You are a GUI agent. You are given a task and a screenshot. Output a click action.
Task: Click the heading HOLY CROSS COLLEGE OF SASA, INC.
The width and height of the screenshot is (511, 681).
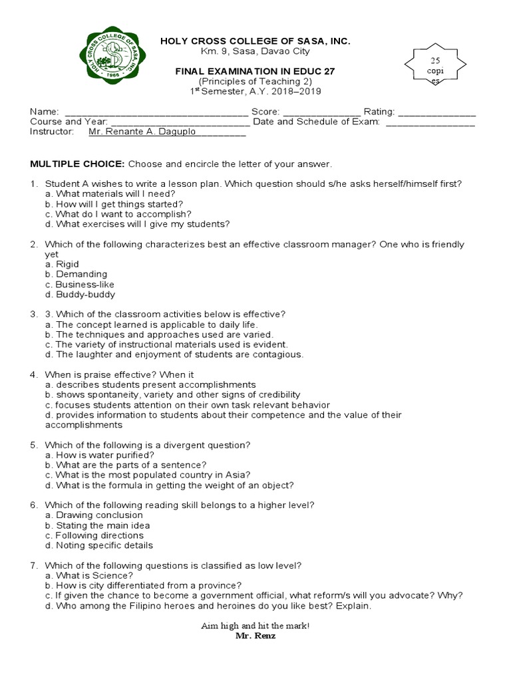(x=255, y=41)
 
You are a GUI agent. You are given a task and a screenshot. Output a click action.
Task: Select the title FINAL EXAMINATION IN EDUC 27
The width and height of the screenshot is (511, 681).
(x=255, y=71)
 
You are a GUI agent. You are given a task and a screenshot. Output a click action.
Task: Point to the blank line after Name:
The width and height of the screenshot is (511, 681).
(x=156, y=112)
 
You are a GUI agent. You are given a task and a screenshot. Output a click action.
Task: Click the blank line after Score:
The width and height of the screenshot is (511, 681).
(x=322, y=112)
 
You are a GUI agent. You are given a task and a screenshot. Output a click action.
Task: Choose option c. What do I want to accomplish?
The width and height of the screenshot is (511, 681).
(x=118, y=214)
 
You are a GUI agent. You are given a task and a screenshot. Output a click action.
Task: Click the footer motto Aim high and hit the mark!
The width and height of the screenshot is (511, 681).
(x=255, y=626)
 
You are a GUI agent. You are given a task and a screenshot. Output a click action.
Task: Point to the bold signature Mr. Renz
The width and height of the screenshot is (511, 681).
(x=255, y=636)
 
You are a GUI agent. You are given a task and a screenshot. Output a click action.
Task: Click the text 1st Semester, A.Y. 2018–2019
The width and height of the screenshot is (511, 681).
(x=255, y=92)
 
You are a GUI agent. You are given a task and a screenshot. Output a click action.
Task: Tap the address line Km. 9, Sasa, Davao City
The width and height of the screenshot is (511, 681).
(x=255, y=51)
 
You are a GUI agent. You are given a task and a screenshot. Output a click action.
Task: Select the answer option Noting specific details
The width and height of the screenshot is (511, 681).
(x=99, y=545)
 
